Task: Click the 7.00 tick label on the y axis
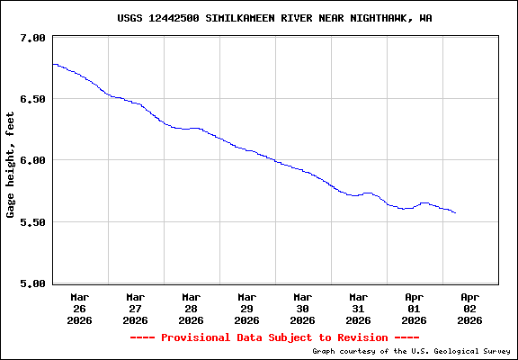click(32, 38)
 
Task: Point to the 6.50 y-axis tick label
click(32, 99)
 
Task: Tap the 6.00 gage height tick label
click(32, 160)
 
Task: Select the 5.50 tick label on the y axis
click(32, 222)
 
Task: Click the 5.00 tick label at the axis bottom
click(32, 283)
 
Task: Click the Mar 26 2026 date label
click(79, 308)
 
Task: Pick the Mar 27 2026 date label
click(135, 308)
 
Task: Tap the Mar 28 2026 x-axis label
click(191, 308)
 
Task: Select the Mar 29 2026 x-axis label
click(246, 308)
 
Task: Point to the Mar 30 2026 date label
click(302, 308)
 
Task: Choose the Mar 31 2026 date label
click(358, 308)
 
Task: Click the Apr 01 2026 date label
click(414, 308)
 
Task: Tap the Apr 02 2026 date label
click(469, 308)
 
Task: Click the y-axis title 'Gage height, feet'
click(11, 165)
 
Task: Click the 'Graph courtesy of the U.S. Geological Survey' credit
click(412, 351)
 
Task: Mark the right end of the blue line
click(456, 213)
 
